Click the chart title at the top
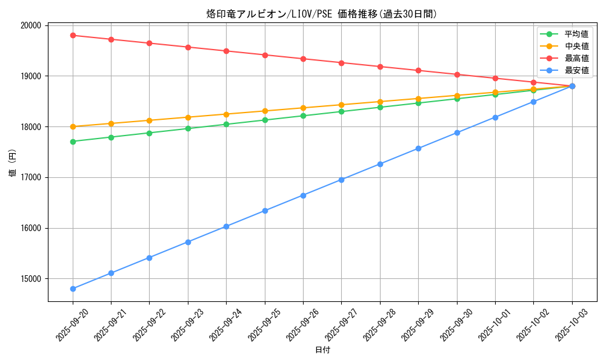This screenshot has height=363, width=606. (x=322, y=14)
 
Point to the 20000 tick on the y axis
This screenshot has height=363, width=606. (x=30, y=25)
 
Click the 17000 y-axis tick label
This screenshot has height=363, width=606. (x=30, y=177)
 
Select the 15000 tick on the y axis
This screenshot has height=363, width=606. (x=30, y=279)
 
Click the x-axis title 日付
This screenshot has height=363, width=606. (x=322, y=350)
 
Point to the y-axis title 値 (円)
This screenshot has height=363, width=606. (x=13, y=163)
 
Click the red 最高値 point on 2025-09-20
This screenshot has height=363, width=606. (x=73, y=35)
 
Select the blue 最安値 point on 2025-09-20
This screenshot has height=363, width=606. (x=73, y=289)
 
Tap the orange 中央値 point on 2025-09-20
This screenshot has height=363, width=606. (x=73, y=126)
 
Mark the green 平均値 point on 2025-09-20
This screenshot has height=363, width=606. (x=73, y=142)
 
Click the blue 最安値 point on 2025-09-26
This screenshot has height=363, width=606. (x=303, y=195)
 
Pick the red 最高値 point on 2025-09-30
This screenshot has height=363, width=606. (x=457, y=74)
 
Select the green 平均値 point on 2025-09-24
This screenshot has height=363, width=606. (x=226, y=124)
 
